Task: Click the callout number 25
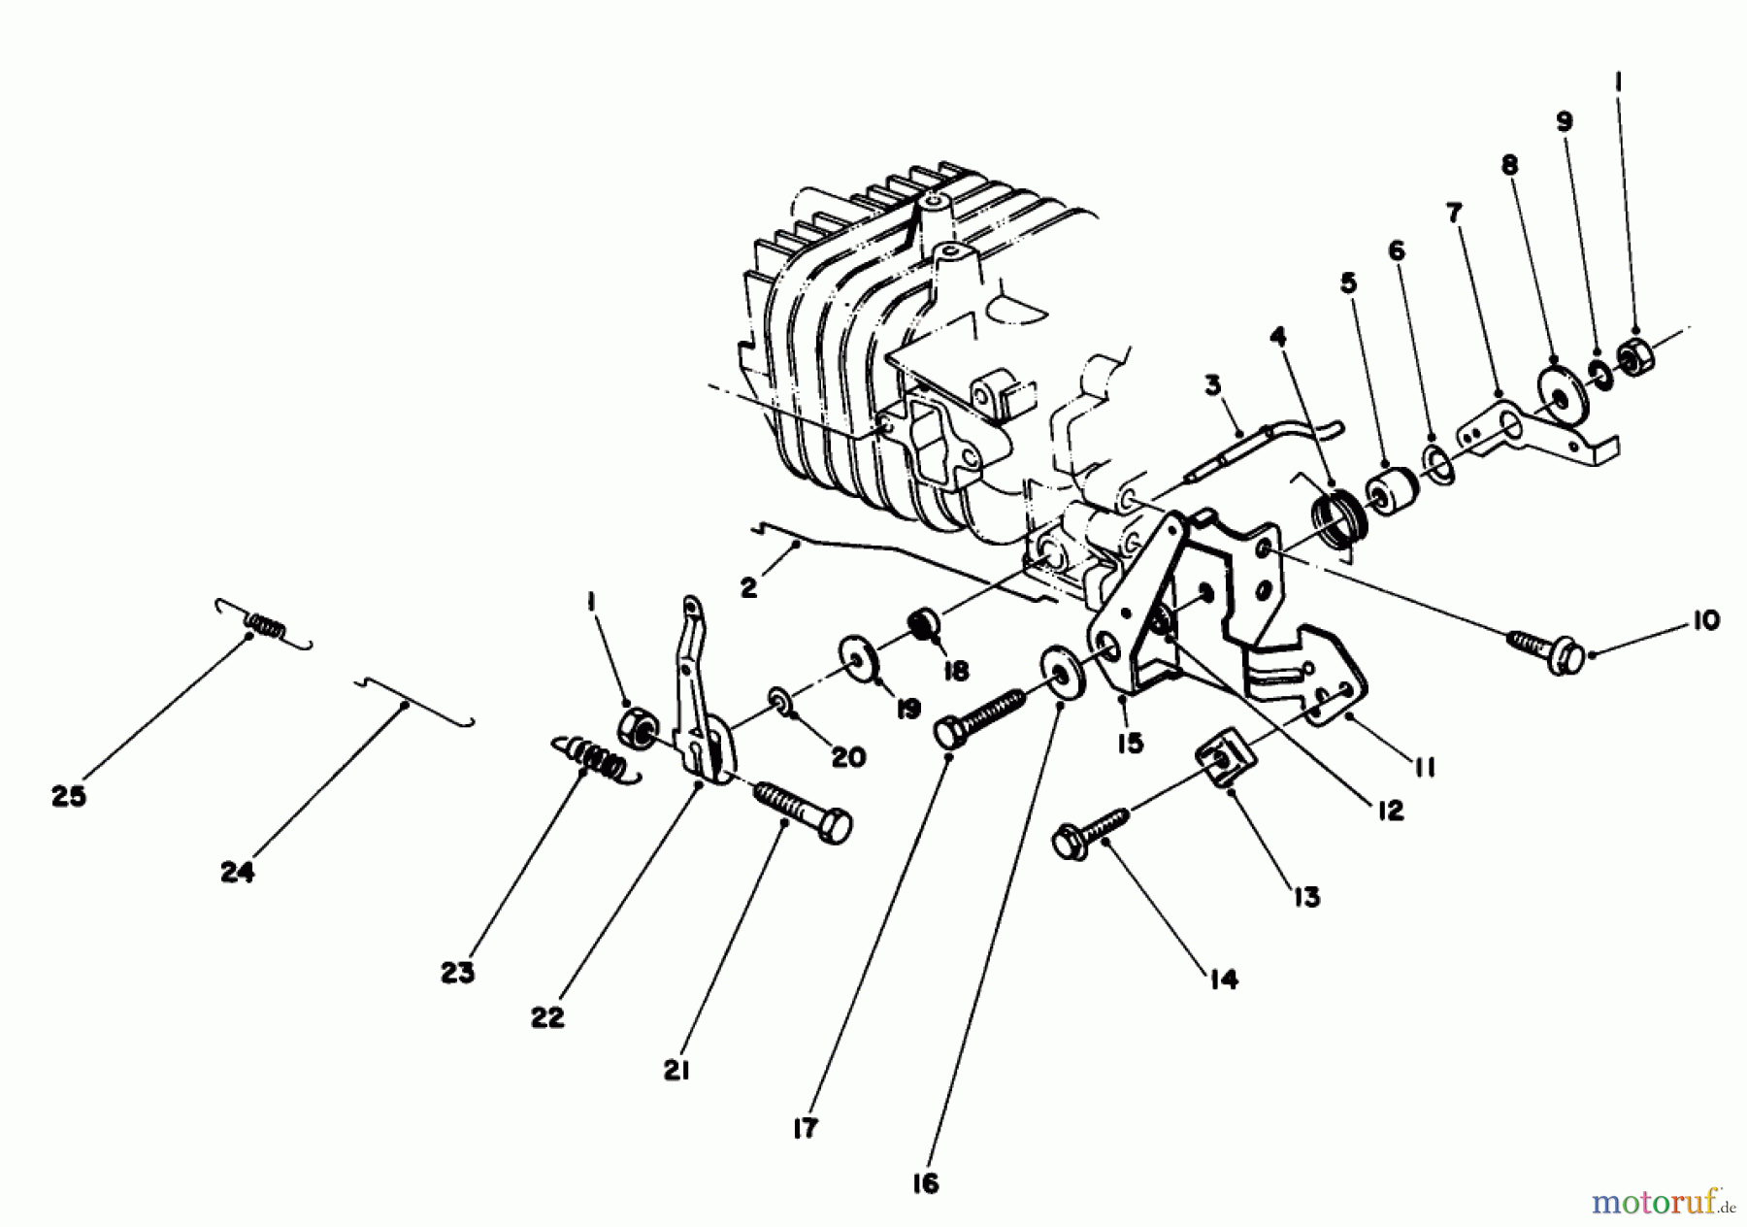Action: [x=69, y=797]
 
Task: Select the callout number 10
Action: [x=1705, y=619]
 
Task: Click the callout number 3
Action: [x=1212, y=386]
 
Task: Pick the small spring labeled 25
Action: [x=263, y=622]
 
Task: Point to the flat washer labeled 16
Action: [x=1060, y=671]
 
